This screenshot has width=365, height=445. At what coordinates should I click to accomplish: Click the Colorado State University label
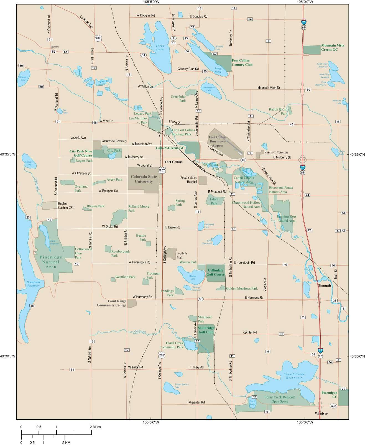[x=144, y=179]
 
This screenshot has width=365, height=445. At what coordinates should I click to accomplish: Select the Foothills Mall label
[x=182, y=255]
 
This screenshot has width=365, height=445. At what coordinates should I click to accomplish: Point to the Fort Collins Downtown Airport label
[x=218, y=141]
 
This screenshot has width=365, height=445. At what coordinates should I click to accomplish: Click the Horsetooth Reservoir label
[x=33, y=284]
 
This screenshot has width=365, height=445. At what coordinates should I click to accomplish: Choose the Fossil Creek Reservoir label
[x=294, y=376]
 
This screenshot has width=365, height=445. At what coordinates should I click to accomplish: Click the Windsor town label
[x=321, y=414]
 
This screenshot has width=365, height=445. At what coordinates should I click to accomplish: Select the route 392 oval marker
[x=334, y=406]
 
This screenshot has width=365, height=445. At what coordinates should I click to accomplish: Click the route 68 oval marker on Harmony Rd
[x=201, y=299]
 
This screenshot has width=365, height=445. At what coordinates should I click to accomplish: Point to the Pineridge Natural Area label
[x=51, y=262]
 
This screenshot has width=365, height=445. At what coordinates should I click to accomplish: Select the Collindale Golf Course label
[x=215, y=272]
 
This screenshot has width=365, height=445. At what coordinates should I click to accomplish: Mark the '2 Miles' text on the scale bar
[x=95, y=427]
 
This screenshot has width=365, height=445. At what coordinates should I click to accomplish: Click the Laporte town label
[x=55, y=47]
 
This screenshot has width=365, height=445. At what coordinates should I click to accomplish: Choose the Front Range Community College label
[x=111, y=303]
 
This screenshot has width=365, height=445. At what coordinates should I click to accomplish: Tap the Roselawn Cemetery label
[x=276, y=152]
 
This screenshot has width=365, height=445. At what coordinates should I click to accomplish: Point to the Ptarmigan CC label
[x=329, y=395]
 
